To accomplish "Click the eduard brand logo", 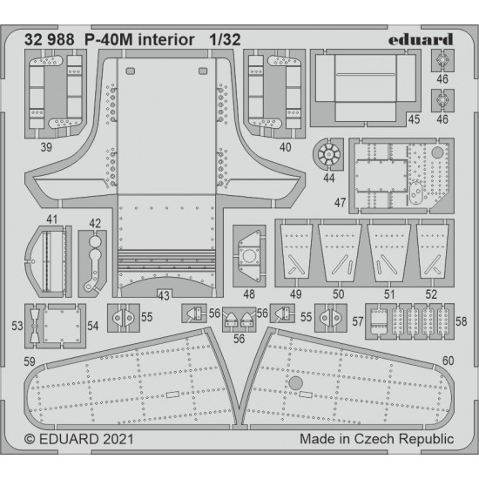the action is click(x=421, y=40).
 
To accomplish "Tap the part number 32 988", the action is click(x=49, y=40).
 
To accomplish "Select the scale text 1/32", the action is click(x=226, y=40).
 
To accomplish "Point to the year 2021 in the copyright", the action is click(x=118, y=439).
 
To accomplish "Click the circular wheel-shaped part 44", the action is click(x=328, y=154).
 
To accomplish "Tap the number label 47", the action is click(x=340, y=203).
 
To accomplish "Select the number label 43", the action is click(x=164, y=295).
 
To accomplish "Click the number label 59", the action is click(x=30, y=361).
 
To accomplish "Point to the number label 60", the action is click(x=449, y=361).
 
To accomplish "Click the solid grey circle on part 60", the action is click(x=296, y=383).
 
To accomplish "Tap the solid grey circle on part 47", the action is click(x=437, y=152).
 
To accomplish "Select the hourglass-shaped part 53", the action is click(x=35, y=326).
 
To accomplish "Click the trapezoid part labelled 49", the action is click(x=296, y=252).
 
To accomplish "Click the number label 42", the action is click(x=95, y=223).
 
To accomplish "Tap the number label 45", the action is click(x=414, y=119).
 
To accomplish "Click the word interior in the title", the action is click(x=166, y=40).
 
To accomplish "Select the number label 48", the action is click(x=249, y=294).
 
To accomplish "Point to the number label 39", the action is click(x=46, y=147).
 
